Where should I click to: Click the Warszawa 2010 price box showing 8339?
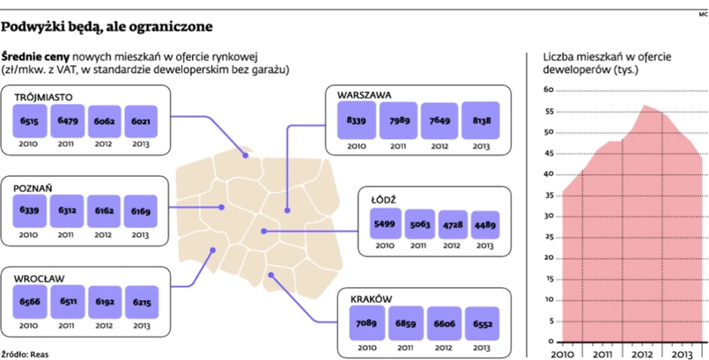[x=357, y=120]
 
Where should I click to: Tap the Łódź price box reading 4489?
[x=485, y=224]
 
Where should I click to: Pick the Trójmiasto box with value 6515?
[x=29, y=121]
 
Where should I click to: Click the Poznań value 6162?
[x=104, y=212]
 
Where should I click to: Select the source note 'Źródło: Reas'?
[x=25, y=354]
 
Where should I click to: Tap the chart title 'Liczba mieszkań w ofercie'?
[x=606, y=58]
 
